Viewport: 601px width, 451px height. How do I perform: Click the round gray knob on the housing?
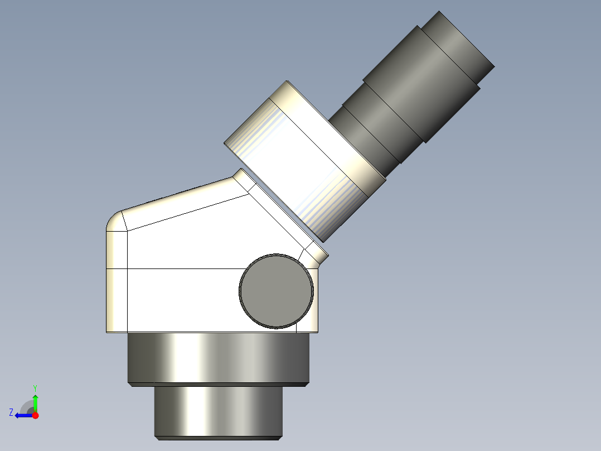pos(276,291)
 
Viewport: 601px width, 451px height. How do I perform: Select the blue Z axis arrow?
pos(22,415)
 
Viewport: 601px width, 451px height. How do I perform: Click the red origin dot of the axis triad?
pos(35,415)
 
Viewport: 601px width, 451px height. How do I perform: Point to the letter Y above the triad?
pos(35,387)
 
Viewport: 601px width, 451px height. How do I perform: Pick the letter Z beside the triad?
pos(11,412)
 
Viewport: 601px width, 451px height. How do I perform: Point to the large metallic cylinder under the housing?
pos(218,357)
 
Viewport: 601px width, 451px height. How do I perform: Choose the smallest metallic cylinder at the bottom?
pos(218,410)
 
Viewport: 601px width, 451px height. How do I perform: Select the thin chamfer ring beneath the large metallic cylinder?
pos(218,385)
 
